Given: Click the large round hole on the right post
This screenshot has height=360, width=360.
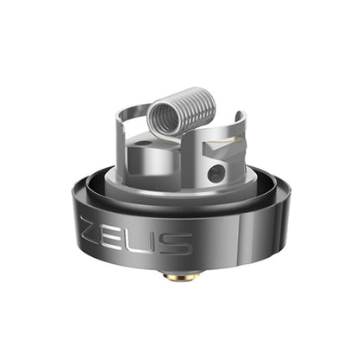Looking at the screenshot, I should click(x=215, y=174).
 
